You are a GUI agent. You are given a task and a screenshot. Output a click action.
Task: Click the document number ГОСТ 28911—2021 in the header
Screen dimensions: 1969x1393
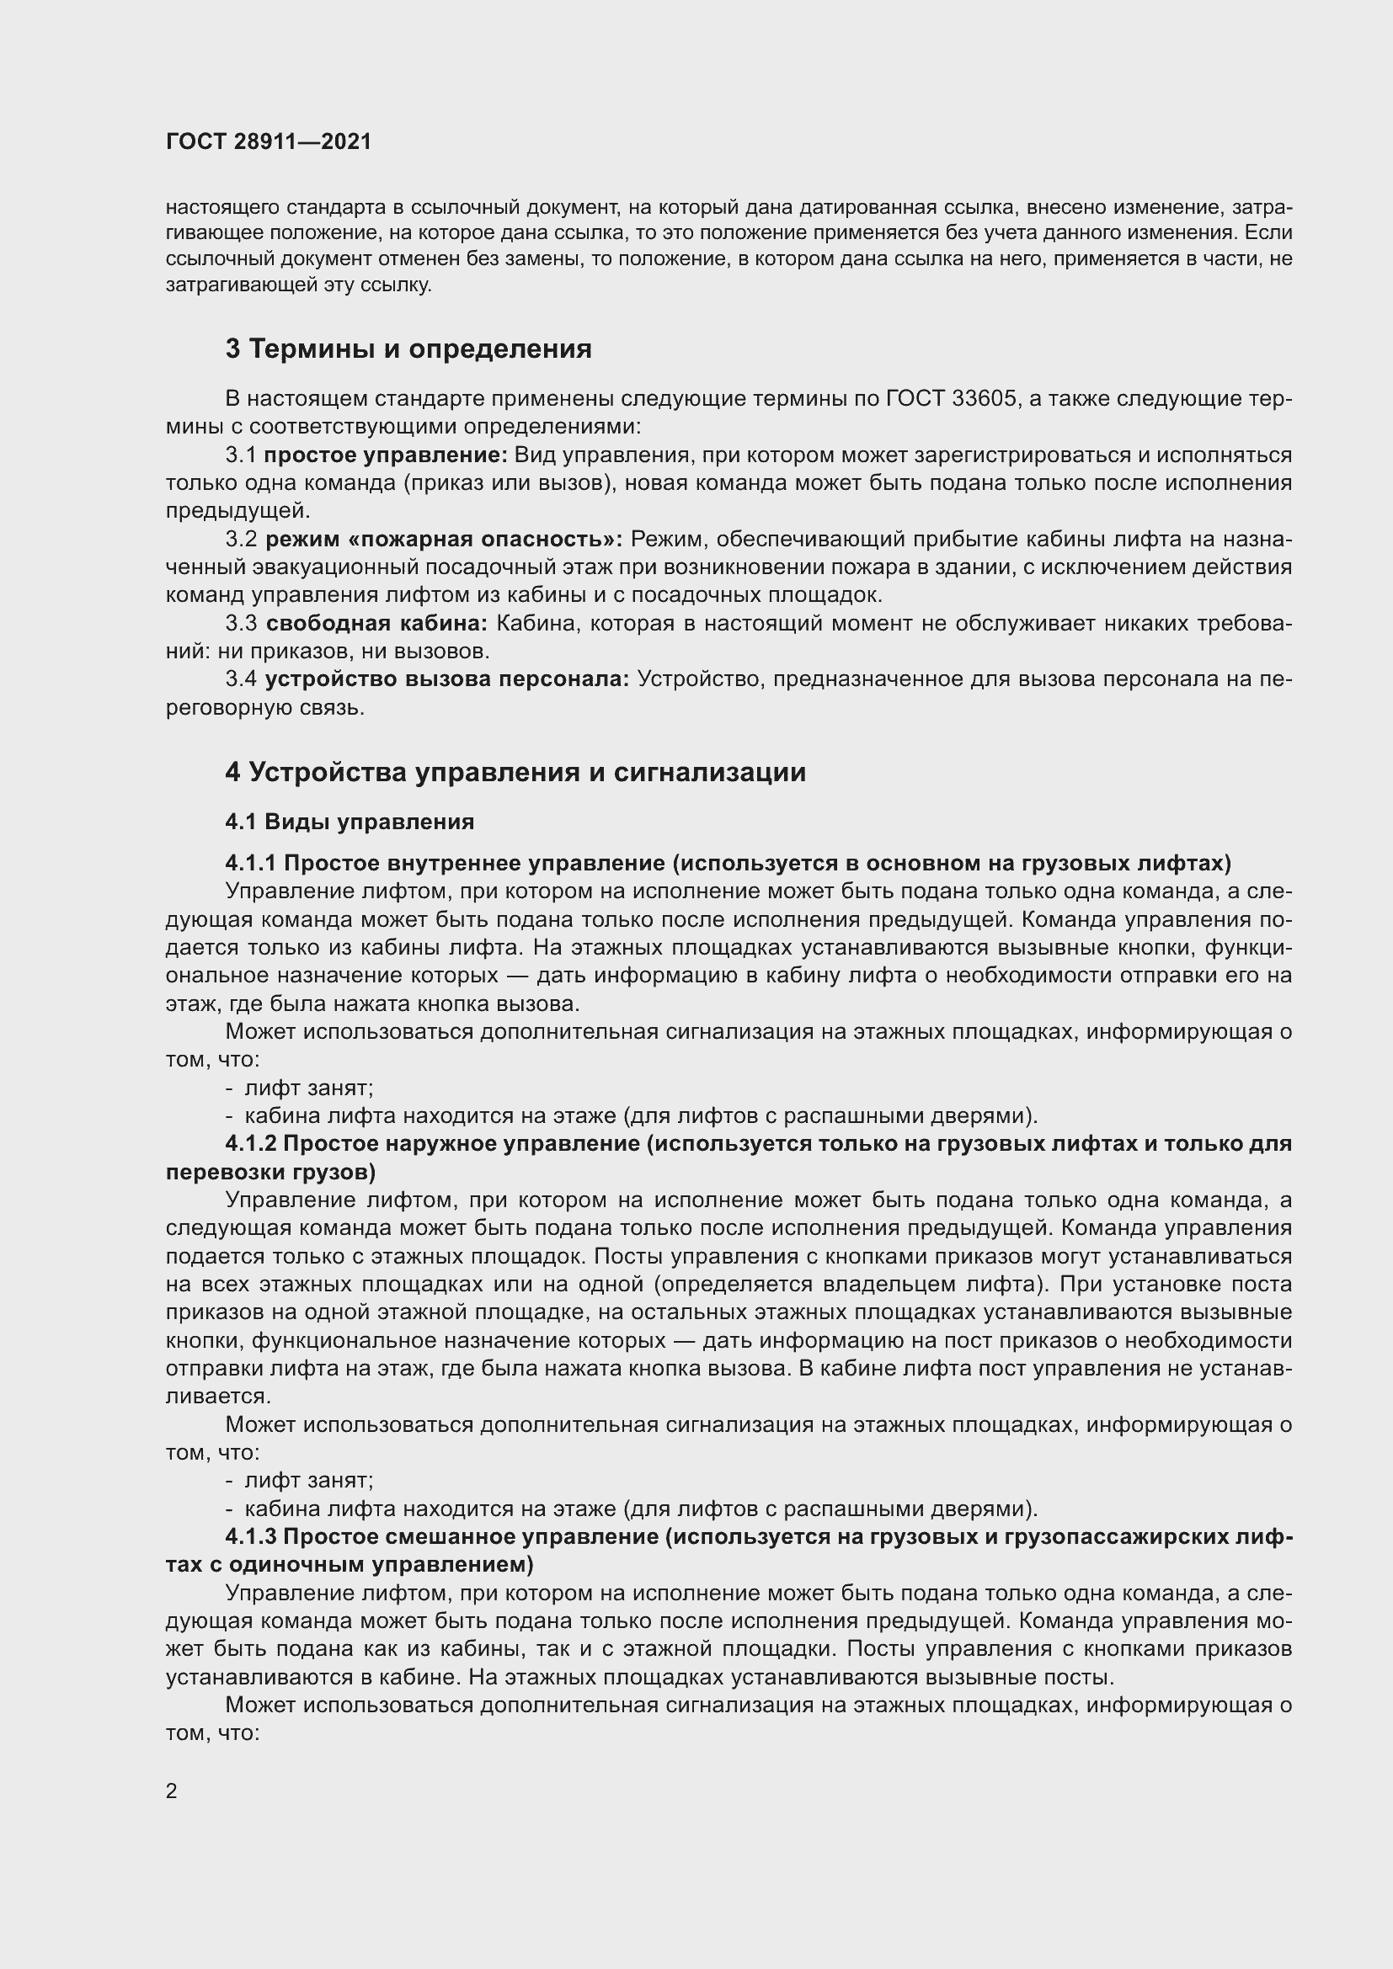pyautogui.click(x=269, y=141)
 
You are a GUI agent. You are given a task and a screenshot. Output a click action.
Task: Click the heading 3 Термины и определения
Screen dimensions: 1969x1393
pyautogui.click(x=408, y=349)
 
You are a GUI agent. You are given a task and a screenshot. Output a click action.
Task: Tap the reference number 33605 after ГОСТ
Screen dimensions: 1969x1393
pyautogui.click(x=983, y=399)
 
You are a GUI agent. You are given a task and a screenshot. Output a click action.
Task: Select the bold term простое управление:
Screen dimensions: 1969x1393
pyautogui.click(x=386, y=455)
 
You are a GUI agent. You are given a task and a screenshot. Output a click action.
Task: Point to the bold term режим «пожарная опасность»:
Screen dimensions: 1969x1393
pyautogui.click(x=444, y=540)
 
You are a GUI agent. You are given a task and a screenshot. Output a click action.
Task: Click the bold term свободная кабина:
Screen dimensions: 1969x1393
pyautogui.click(x=376, y=624)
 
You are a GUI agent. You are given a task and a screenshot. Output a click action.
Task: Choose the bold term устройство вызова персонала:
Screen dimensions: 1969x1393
pyautogui.click(x=446, y=679)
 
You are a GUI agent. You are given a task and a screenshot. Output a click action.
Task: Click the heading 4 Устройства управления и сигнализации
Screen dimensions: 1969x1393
pyautogui.click(x=515, y=773)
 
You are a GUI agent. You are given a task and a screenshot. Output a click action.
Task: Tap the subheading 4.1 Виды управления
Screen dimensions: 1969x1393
pyautogui.click(x=350, y=822)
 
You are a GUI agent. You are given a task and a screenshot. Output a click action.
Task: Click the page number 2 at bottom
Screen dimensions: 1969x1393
pyautogui.click(x=172, y=1791)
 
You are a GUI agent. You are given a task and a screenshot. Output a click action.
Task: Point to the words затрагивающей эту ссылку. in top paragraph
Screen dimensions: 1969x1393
pyautogui.click(x=298, y=285)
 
